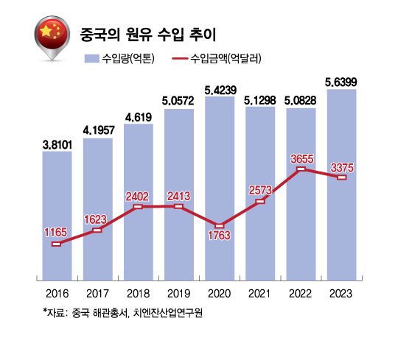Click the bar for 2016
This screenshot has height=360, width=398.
57,216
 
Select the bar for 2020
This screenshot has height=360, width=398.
220,188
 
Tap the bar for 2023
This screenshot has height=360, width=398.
342,185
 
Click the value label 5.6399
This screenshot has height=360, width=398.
341,82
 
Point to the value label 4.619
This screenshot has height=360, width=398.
139,117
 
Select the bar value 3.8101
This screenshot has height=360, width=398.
57,145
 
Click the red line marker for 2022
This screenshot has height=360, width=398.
301,169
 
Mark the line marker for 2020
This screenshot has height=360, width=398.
220,226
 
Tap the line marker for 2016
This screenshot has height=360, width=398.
56,244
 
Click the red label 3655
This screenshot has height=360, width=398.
302,159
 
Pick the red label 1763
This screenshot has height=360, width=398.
220,236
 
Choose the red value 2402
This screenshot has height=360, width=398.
137,197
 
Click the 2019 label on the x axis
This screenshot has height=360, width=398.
178,294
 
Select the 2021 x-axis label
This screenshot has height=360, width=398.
259,294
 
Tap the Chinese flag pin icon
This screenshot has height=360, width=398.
52,38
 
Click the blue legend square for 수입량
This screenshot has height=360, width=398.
91,59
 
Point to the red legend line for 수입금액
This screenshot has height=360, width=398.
180,59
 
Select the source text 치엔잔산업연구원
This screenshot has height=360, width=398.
168,313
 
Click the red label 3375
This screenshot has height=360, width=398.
342,168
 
